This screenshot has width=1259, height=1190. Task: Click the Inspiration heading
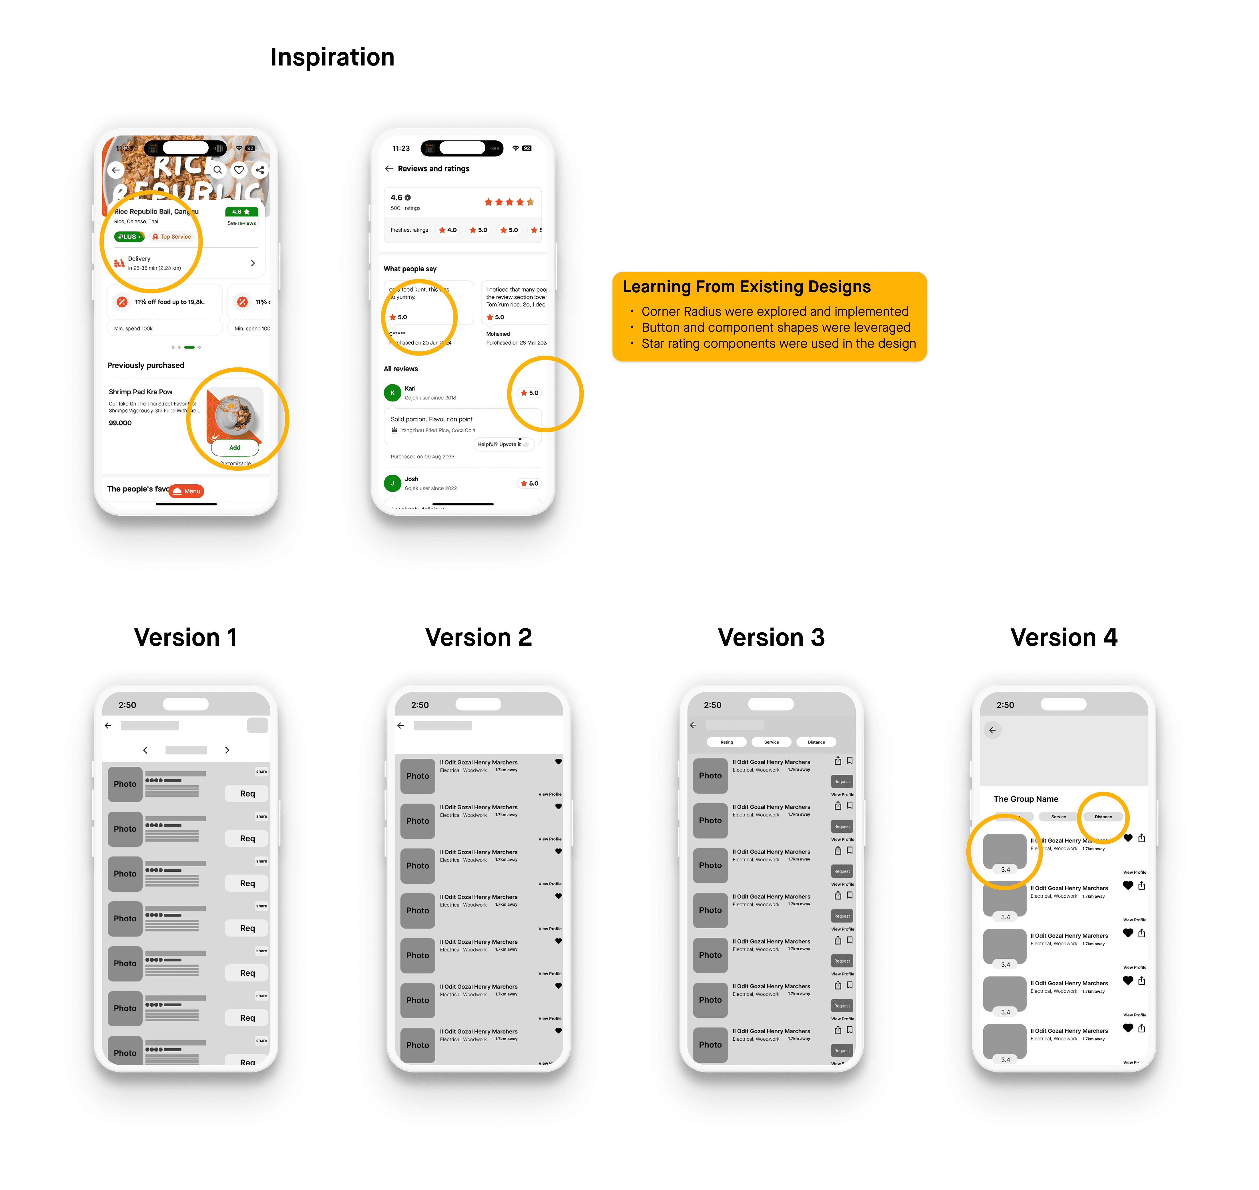332,57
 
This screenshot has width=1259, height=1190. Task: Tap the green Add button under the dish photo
235,448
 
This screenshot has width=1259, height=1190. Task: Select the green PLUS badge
129,237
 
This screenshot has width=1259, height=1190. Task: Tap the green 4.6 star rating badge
241,212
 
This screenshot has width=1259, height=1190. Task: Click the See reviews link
242,223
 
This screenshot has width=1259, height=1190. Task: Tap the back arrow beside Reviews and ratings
389,169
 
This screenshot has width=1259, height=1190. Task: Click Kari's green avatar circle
392,393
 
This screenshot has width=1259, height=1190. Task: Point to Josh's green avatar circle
392,483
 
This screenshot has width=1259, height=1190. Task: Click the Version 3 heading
771,638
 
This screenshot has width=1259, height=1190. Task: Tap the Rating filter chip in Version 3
727,742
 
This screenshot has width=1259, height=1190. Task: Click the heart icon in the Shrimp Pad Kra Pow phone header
239,170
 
